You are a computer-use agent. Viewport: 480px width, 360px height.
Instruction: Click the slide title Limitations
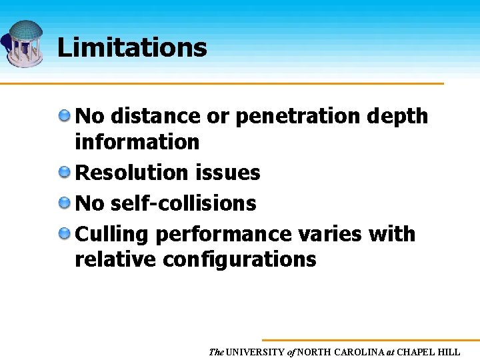[x=132, y=47]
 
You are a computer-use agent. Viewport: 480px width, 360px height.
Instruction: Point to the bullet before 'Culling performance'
[x=65, y=233]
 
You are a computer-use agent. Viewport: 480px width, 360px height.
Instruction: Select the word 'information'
[x=137, y=141]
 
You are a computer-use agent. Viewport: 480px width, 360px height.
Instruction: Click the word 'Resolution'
[x=133, y=173]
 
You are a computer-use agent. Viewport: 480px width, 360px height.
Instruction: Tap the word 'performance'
[x=223, y=235]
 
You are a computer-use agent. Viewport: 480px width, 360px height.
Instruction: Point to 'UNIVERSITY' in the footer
[x=256, y=352]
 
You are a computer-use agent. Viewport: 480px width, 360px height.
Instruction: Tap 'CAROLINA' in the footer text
[x=359, y=352]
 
